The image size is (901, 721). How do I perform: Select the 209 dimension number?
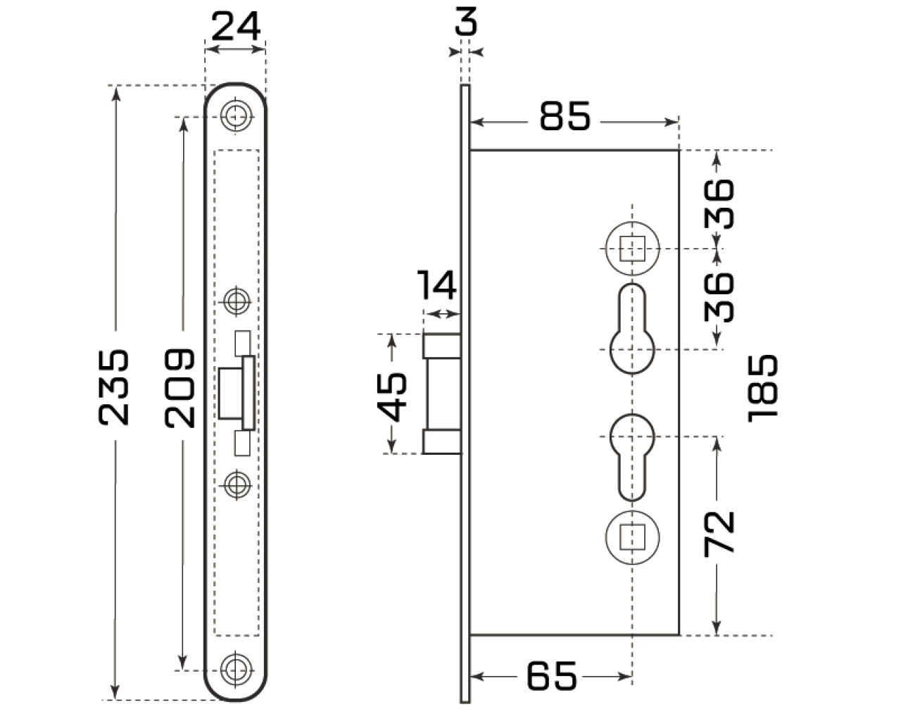[x=180, y=387]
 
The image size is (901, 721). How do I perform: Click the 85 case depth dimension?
[x=565, y=115]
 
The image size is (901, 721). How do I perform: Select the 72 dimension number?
[x=719, y=532]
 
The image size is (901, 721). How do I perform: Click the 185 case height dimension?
[x=764, y=388]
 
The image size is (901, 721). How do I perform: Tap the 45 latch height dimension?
[x=394, y=395]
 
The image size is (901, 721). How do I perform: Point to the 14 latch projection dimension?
[x=436, y=284]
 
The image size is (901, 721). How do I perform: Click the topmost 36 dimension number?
[x=719, y=203]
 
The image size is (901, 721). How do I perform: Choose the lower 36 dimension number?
[x=719, y=296]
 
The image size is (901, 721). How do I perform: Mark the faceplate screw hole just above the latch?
[x=236, y=301]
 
